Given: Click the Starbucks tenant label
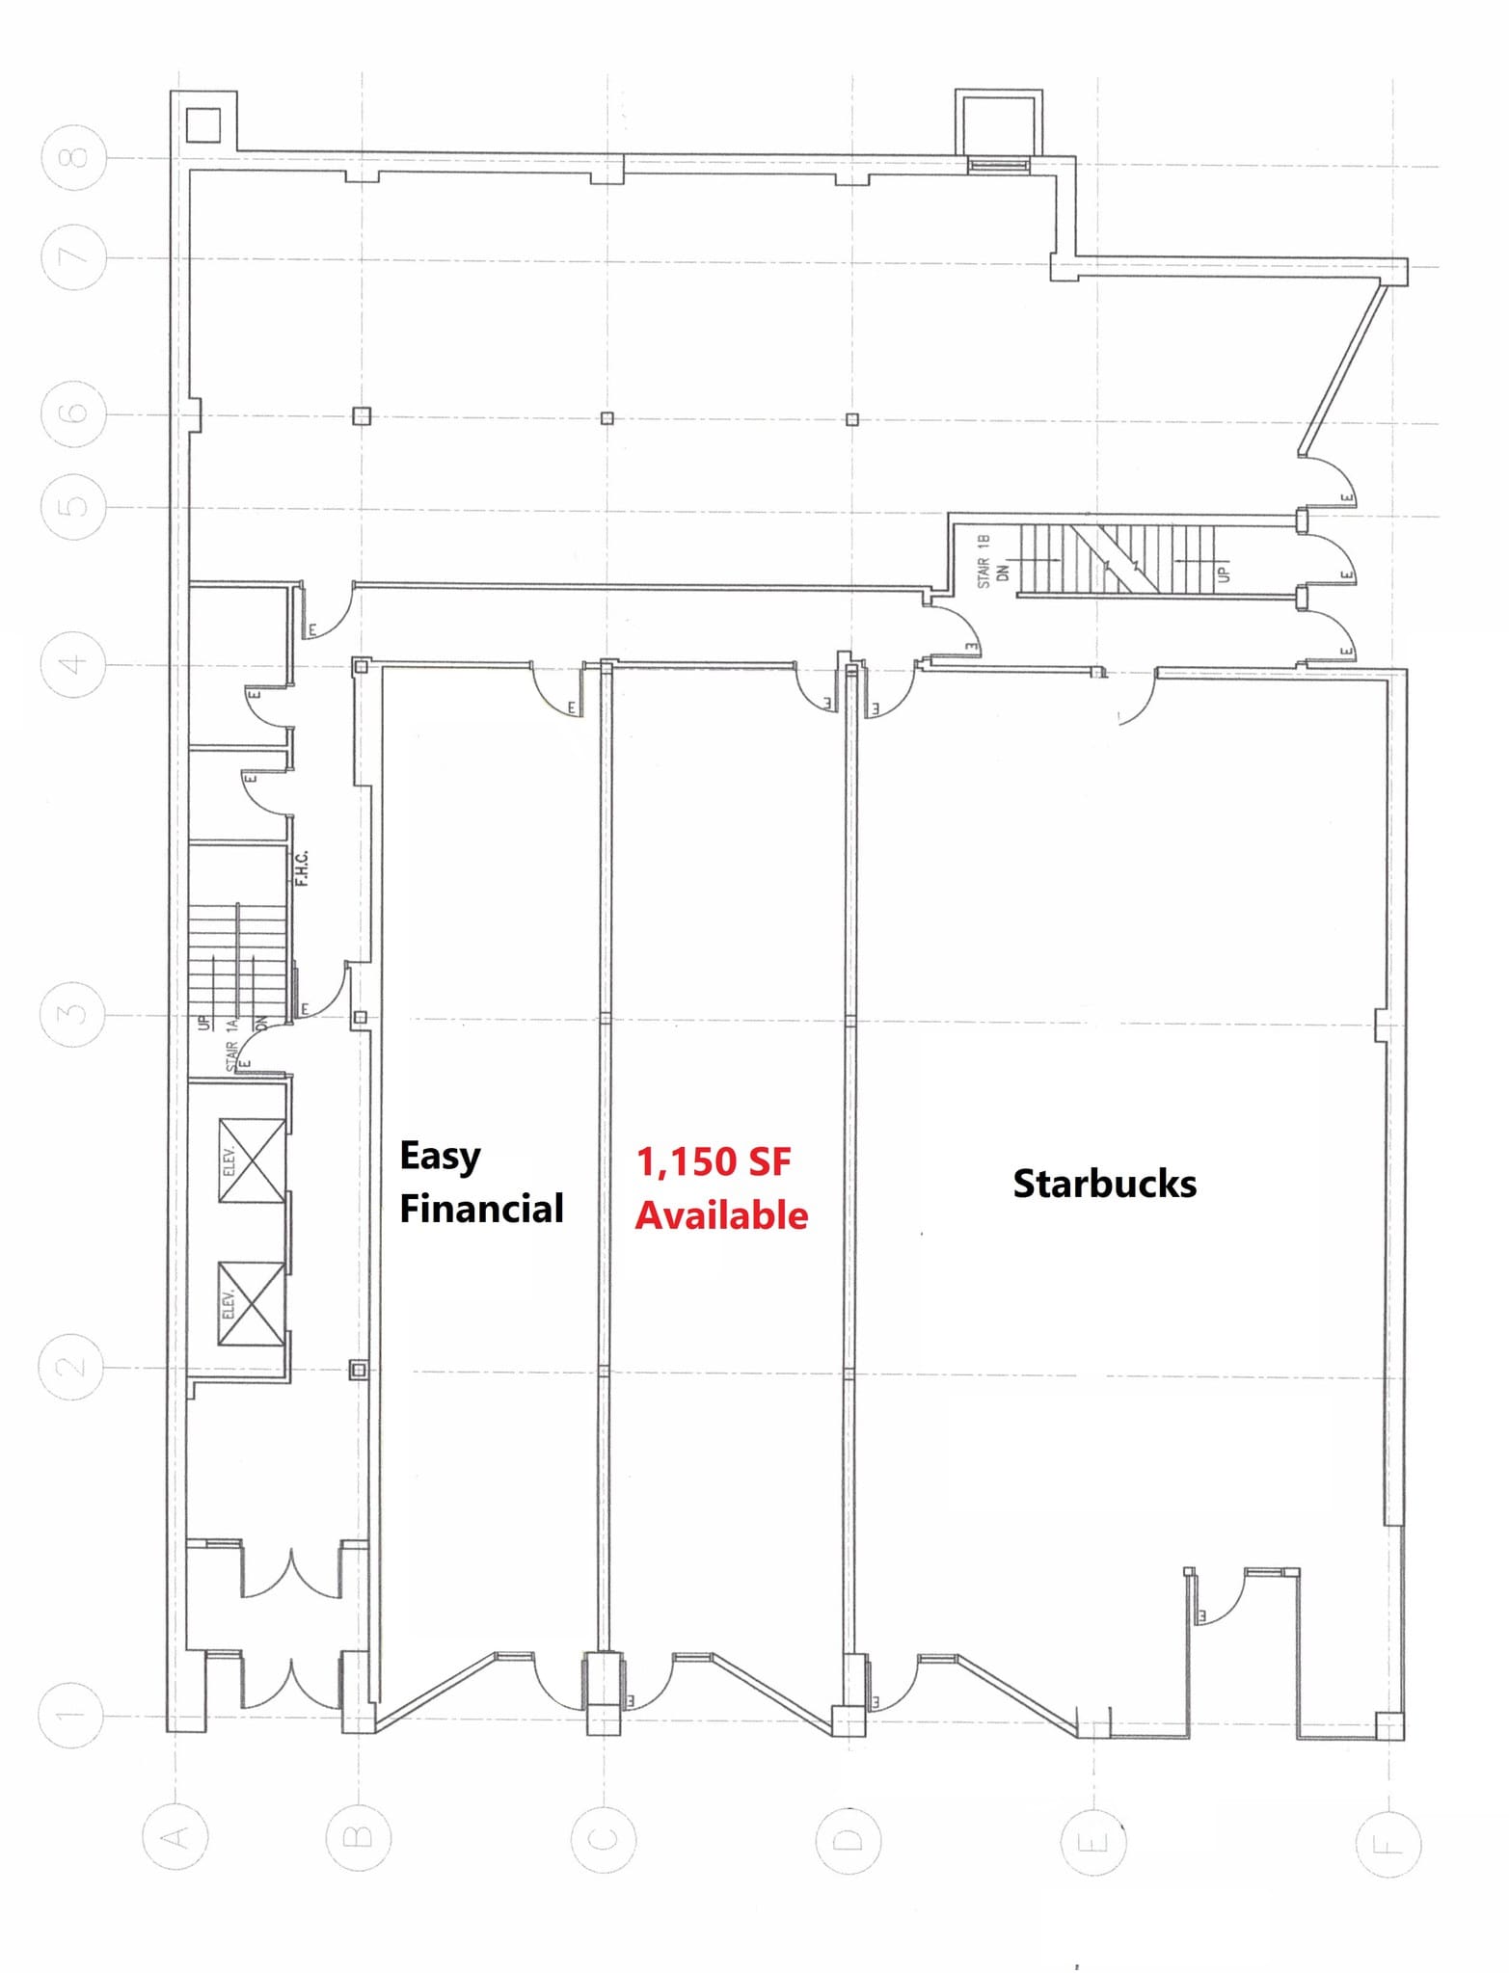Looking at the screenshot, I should click(x=1104, y=1184).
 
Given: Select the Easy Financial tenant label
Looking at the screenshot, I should click(x=480, y=1182).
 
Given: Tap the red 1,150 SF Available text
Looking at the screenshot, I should click(x=720, y=1188).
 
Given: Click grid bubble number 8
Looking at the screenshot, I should click(x=74, y=157).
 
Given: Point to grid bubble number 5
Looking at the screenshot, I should click(x=73, y=507).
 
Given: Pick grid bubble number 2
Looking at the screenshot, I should click(x=70, y=1367).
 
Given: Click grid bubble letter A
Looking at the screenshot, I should click(x=175, y=1838).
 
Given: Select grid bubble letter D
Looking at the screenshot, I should click(x=849, y=1840).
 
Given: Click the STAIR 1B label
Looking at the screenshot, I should click(x=984, y=561).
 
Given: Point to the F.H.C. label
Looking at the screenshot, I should click(x=302, y=868).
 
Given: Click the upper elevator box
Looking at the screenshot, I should click(x=252, y=1160).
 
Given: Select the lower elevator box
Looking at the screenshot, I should click(x=252, y=1303).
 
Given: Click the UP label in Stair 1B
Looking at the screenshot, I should click(x=1224, y=573).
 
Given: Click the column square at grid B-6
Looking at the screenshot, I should click(x=362, y=416).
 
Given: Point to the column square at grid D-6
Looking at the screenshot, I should click(x=851, y=419).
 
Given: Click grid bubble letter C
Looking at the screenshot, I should click(x=603, y=1840).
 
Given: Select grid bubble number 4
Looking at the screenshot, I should click(x=73, y=664).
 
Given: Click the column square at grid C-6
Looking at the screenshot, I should click(x=606, y=418).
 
